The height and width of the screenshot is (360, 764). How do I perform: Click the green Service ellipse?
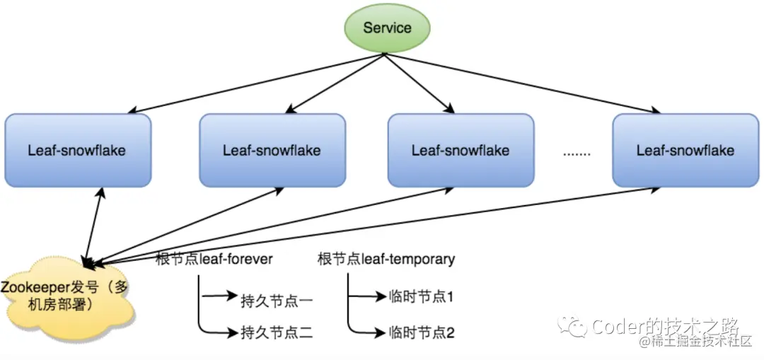(x=387, y=28)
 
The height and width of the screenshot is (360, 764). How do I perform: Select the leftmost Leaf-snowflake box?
(x=77, y=150)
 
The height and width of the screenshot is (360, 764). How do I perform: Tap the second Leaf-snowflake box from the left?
(x=272, y=150)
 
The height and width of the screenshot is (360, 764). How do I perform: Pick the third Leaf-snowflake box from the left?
(x=461, y=150)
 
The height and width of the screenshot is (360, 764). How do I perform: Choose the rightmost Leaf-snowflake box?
(x=685, y=150)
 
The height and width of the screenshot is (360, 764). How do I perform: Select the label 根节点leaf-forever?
(x=214, y=259)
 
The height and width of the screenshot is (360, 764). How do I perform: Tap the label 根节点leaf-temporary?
(x=386, y=259)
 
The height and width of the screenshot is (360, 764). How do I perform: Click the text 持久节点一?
(x=277, y=300)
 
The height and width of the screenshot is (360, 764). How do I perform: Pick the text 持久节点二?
(x=277, y=332)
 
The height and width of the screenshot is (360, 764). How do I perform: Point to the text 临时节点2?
(x=421, y=331)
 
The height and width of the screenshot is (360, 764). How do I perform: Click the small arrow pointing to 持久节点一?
(x=219, y=297)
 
